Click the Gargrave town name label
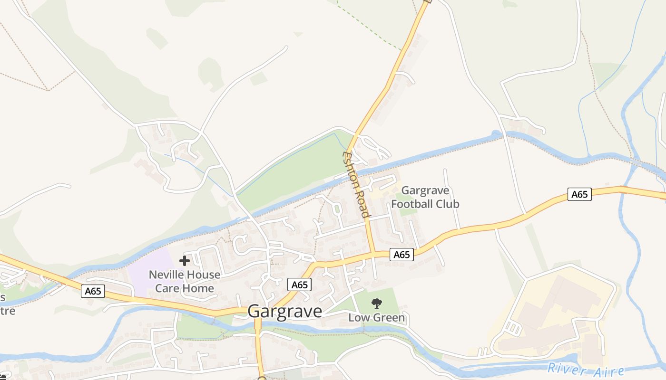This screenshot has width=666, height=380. (x=284, y=311)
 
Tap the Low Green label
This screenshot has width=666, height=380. (x=377, y=317)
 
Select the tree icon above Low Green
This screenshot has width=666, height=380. (x=377, y=303)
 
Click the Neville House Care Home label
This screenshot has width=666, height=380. (x=185, y=281)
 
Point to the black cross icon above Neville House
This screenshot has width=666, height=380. (x=185, y=260)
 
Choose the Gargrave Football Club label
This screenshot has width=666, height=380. (x=425, y=197)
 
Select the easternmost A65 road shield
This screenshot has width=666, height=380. (x=579, y=194)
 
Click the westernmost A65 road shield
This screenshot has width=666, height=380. (x=93, y=291)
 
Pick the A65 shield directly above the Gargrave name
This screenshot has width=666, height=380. (x=300, y=285)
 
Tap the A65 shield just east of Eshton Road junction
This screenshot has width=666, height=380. (x=402, y=255)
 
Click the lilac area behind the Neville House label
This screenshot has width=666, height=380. (x=147, y=266)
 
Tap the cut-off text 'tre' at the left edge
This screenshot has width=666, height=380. (x=7, y=311)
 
